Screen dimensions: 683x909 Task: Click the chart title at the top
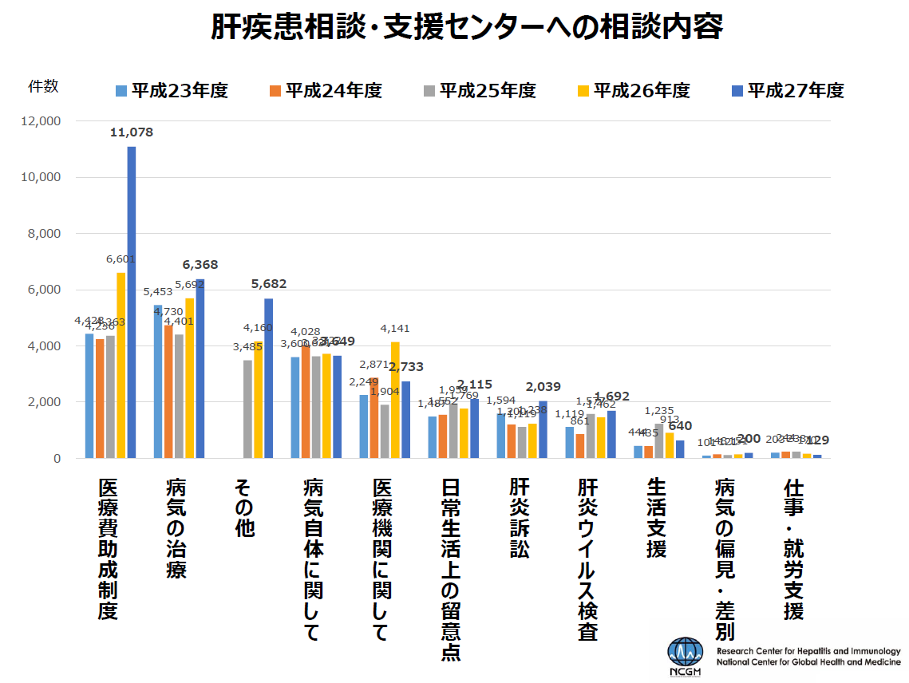pyautogui.click(x=467, y=26)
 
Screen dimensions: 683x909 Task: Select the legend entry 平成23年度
pyautogui.click(x=172, y=90)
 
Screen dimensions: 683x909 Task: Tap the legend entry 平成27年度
pyautogui.click(x=787, y=90)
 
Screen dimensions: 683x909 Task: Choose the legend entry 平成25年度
pyautogui.click(x=479, y=90)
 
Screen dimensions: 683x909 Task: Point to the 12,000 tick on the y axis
pyautogui.click(x=40, y=121)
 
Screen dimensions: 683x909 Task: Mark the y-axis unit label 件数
pyautogui.click(x=43, y=86)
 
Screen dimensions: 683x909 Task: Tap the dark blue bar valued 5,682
pyautogui.click(x=268, y=378)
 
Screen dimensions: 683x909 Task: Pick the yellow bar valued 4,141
pyautogui.click(x=395, y=400)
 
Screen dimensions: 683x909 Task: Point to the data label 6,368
pyautogui.click(x=200, y=265)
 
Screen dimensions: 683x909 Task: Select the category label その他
pyautogui.click(x=244, y=507)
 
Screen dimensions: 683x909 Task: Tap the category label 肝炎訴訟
pyautogui.click(x=519, y=519)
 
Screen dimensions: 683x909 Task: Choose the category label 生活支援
pyautogui.click(x=656, y=519)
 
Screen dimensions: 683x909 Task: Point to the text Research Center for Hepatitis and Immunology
pyautogui.click(x=808, y=652)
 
